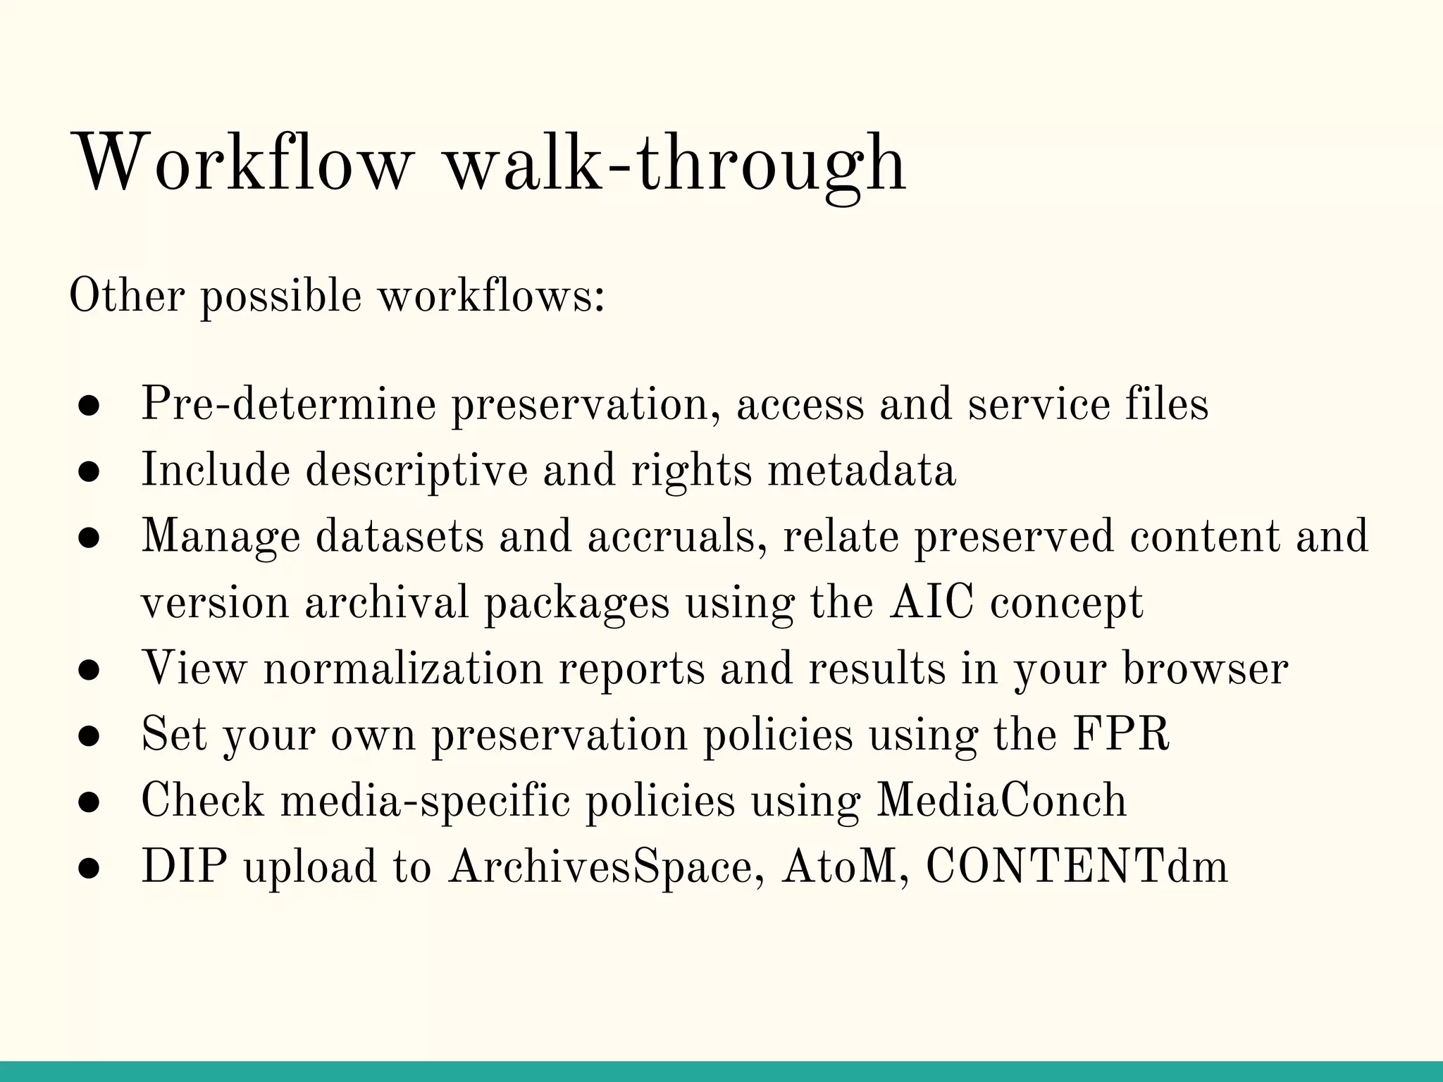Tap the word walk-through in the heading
[x=676, y=163]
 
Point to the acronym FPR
[x=1120, y=734]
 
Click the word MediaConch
[x=1001, y=800]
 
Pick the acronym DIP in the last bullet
[x=184, y=866]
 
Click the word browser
[x=1205, y=669]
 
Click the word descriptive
[x=416, y=471]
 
